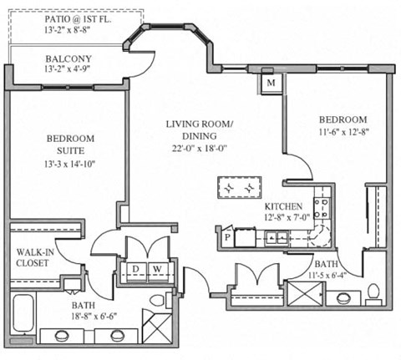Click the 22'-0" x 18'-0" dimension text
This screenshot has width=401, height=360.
pyautogui.click(x=199, y=150)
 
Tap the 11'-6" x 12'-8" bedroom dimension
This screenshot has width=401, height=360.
pyautogui.click(x=343, y=131)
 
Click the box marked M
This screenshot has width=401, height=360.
pyautogui.click(x=272, y=83)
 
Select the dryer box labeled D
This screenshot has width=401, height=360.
pyautogui.click(x=137, y=268)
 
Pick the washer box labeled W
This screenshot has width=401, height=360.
pyautogui.click(x=155, y=268)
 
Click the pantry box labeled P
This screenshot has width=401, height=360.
pyautogui.click(x=226, y=237)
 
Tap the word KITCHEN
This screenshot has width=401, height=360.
pyautogui.click(x=282, y=206)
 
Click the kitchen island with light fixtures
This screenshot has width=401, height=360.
pyautogui.click(x=238, y=188)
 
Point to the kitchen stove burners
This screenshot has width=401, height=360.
pyautogui.click(x=321, y=206)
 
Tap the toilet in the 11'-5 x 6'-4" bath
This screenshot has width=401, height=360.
pyautogui.click(x=373, y=292)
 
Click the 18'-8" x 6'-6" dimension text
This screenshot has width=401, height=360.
pyautogui.click(x=90, y=317)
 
